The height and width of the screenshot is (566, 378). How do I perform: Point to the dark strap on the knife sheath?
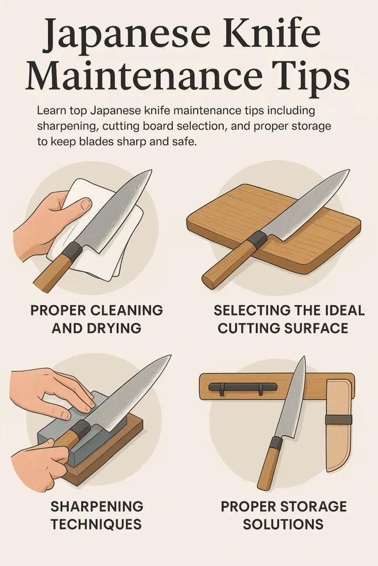[x=338, y=419]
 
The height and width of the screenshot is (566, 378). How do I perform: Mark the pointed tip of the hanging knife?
[x=303, y=359]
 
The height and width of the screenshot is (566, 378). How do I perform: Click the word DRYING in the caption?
[x=114, y=328]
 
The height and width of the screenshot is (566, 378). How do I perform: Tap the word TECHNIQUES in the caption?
[x=96, y=524]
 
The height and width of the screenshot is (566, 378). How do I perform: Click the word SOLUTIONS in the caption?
[x=283, y=524]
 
